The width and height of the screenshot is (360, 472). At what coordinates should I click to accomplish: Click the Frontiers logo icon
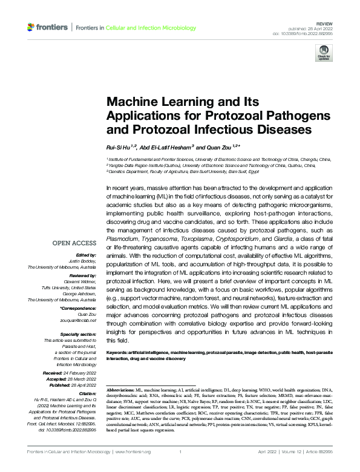tap(31, 27)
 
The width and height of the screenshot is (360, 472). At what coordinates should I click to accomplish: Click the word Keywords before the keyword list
tap(117, 352)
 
